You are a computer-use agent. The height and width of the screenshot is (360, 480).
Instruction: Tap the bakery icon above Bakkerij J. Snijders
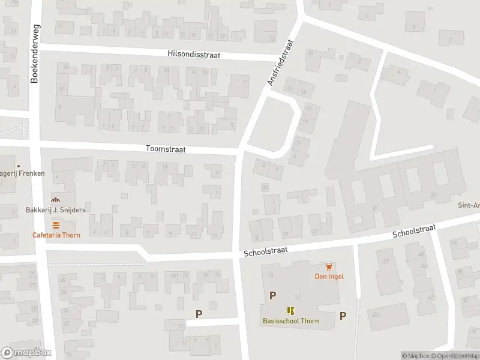click(56, 200)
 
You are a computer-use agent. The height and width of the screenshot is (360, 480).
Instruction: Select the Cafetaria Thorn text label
click(56, 235)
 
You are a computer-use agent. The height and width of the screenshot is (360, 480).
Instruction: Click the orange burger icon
click(56, 225)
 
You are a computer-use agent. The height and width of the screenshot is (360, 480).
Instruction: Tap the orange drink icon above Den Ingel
click(328, 266)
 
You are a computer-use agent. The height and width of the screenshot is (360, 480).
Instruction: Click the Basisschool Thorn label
click(291, 320)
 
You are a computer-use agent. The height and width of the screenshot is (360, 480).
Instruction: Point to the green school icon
click(291, 310)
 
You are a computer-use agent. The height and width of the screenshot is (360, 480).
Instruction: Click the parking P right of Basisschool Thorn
click(343, 316)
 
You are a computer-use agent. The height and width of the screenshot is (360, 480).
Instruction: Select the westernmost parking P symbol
click(199, 314)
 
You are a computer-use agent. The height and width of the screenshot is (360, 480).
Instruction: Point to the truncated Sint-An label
click(469, 205)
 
